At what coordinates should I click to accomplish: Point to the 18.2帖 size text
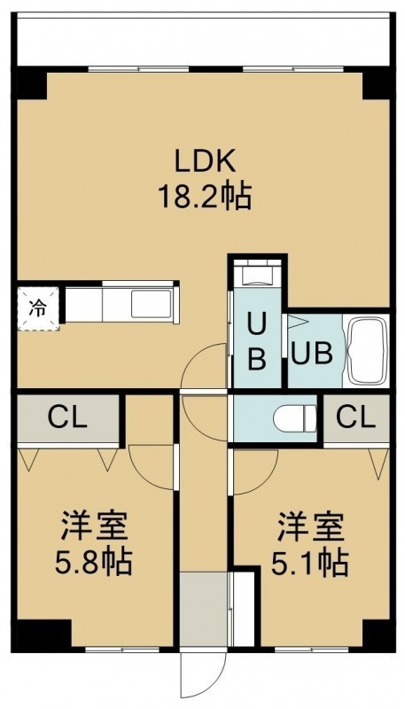tap(205, 197)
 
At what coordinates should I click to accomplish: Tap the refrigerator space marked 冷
tap(38, 308)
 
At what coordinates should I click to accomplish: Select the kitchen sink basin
tap(152, 304)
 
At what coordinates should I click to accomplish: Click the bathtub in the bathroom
tap(366, 351)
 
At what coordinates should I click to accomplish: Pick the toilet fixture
tap(295, 418)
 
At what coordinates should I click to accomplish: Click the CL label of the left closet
tap(67, 418)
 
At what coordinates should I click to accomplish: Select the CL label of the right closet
tap(356, 418)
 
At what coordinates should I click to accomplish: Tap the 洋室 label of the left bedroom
tap(95, 526)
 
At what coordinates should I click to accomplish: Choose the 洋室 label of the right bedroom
tap(311, 526)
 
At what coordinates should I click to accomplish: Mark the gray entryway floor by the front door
tap(204, 609)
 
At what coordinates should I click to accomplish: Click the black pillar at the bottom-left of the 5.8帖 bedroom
tap(42, 635)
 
